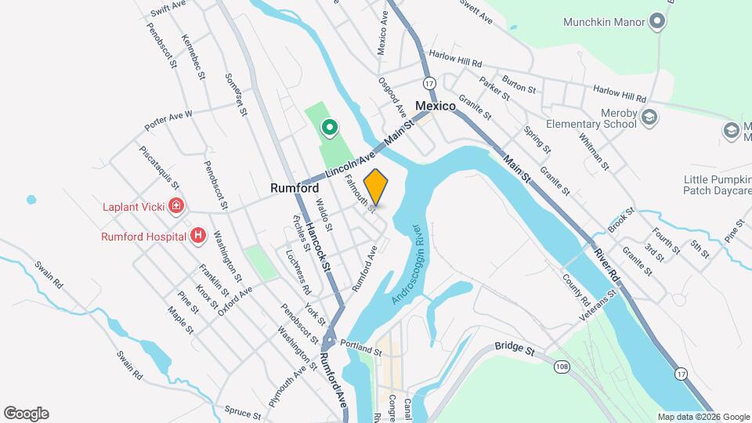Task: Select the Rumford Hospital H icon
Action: point(199,235)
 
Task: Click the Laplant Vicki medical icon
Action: point(177,207)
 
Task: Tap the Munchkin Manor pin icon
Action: point(659,22)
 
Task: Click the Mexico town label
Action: point(436,106)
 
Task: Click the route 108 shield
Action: point(560,367)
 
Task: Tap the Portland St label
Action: point(360,348)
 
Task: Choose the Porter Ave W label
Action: point(168,120)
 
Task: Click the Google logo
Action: point(26,414)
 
